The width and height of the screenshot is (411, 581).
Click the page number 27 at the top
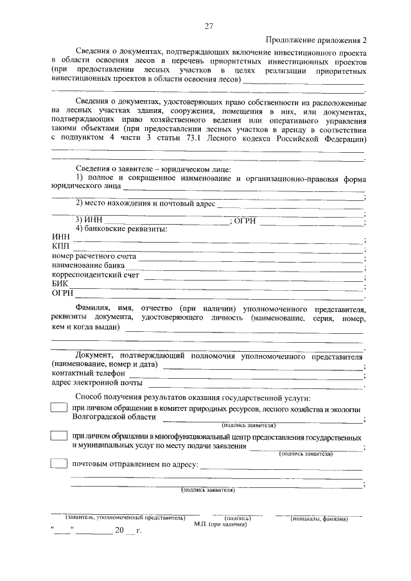point(209,26)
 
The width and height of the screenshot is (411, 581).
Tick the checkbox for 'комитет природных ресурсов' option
point(59,408)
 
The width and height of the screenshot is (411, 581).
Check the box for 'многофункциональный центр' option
point(59,436)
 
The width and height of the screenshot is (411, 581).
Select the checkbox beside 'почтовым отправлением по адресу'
point(59,464)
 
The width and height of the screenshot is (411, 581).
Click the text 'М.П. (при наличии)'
point(220,524)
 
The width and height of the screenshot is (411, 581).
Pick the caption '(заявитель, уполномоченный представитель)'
point(125,517)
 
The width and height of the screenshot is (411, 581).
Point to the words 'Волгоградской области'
point(114,417)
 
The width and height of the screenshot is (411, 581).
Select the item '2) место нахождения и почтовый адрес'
point(144,204)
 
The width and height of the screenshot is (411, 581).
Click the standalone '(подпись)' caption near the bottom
point(237,517)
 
